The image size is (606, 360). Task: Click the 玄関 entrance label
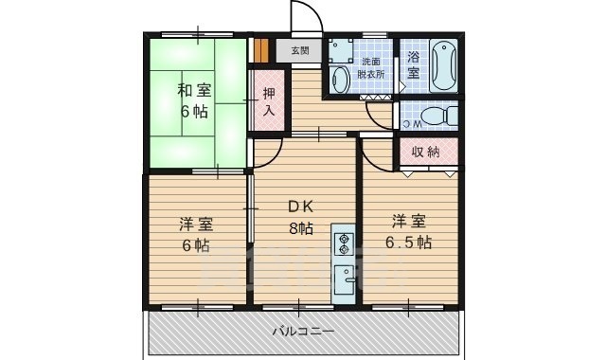point(300,50)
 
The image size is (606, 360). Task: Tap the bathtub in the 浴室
point(444,65)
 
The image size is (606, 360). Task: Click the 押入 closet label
point(269,102)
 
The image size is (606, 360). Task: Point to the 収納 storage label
point(425,152)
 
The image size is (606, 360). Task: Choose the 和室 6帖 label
point(194,101)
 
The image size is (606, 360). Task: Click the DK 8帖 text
point(301,218)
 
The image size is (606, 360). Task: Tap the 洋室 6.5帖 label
point(409,232)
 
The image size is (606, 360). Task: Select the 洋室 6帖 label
point(196,235)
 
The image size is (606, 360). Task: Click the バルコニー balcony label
point(303,332)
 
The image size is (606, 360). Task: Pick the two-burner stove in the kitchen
point(344,244)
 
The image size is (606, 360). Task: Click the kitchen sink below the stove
point(344,279)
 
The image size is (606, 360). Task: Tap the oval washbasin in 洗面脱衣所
point(340,80)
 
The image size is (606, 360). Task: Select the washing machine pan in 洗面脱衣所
point(340,50)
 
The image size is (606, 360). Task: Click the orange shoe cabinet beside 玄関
point(261,49)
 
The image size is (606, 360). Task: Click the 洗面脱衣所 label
point(370,68)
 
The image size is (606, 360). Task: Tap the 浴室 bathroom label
point(413,65)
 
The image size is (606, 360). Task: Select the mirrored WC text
point(411,124)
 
